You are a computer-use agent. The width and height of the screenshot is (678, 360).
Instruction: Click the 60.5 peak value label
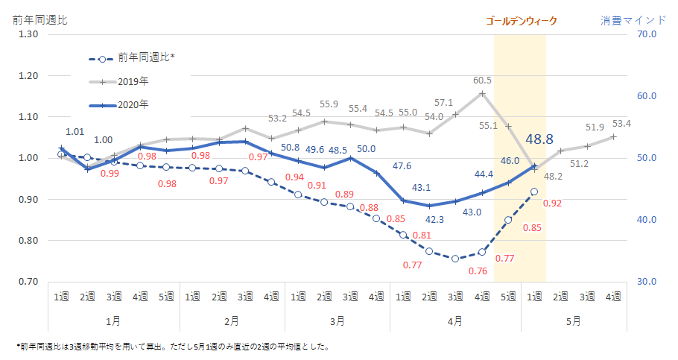point(482,80)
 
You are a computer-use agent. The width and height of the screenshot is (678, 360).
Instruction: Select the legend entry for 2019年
point(133,80)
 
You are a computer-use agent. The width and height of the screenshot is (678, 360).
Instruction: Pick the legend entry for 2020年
point(133,104)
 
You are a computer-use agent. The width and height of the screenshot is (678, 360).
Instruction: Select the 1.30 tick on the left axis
point(28,34)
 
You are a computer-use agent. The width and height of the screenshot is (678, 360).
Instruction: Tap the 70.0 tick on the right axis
point(646,34)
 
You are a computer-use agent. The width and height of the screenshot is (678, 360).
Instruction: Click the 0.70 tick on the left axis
point(28,282)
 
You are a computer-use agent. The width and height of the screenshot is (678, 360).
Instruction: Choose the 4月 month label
point(454,320)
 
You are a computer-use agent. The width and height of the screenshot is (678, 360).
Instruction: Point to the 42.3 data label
point(434,220)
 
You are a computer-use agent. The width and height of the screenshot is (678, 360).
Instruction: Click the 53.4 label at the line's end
point(621,123)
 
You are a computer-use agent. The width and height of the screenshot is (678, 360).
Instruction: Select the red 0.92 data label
point(552,203)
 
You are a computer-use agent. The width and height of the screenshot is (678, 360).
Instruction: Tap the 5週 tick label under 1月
point(166,297)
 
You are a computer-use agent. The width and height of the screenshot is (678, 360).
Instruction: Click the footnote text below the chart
point(172,347)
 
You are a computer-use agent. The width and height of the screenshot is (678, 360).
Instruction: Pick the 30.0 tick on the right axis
point(646,282)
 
